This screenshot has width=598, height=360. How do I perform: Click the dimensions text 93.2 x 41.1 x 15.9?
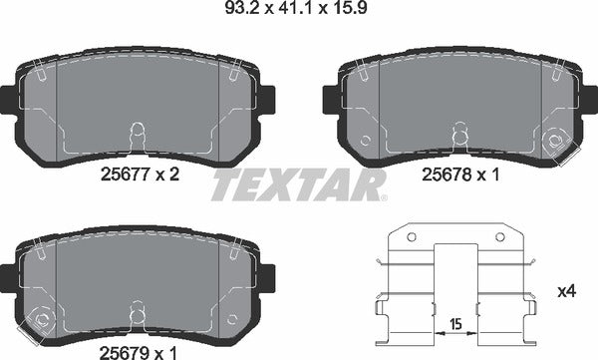pyautogui.click(x=298, y=14)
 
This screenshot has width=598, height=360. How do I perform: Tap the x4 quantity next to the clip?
pyautogui.click(x=569, y=291)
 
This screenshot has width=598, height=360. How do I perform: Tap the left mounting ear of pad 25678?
pyautogui.click(x=330, y=98)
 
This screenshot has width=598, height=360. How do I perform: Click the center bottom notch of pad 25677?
pyautogui.click(x=138, y=134)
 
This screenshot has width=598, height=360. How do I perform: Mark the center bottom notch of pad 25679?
pyautogui.click(x=138, y=311)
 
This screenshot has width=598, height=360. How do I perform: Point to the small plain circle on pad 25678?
pyautogui.click(x=366, y=141)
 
